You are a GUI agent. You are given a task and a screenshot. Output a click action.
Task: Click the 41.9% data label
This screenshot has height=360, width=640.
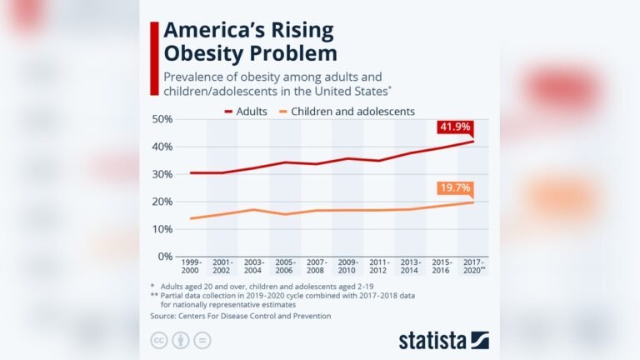(455, 128)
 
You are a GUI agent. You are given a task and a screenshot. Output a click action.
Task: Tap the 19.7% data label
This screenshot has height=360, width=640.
(455, 188)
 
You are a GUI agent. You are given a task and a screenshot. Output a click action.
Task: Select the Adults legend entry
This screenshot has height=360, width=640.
(247, 111)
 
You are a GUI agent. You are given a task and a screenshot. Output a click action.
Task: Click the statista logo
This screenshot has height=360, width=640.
(443, 339)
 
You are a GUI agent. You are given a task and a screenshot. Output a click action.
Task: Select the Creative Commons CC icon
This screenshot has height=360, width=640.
(158, 340)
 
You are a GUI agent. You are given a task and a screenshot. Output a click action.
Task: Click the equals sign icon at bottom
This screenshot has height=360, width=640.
(202, 340)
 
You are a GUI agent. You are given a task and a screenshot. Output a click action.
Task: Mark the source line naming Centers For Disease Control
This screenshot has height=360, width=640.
(241, 316)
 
